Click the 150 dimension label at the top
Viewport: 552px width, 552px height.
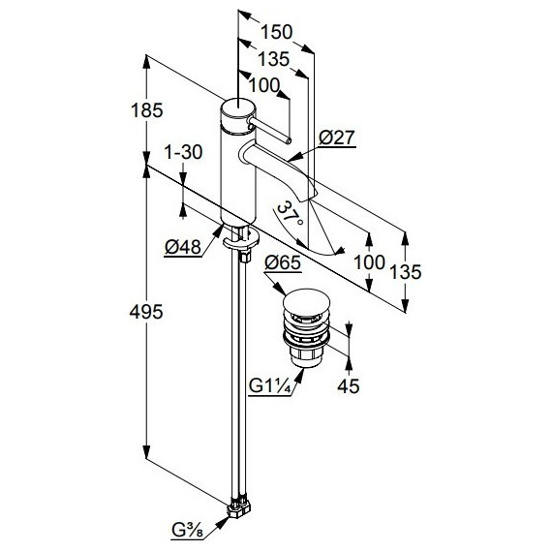(x=276, y=32)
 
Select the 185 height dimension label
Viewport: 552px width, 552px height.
(x=147, y=110)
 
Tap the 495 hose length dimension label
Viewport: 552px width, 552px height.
(x=146, y=312)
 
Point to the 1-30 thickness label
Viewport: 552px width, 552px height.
(x=183, y=152)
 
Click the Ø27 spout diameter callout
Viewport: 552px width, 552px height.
(x=336, y=138)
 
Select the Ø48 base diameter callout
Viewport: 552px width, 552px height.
(x=183, y=247)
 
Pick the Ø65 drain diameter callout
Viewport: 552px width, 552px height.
(x=283, y=263)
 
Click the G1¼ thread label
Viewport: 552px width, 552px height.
(x=269, y=386)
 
